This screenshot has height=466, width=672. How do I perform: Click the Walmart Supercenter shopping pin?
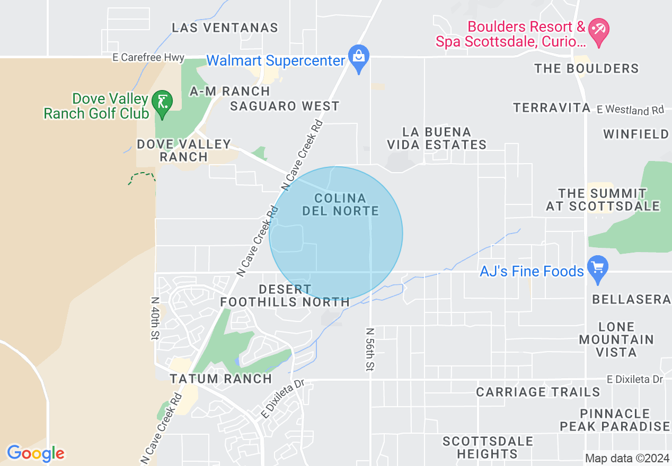[x=359, y=57]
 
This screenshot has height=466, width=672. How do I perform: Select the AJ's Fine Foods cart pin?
[x=598, y=268]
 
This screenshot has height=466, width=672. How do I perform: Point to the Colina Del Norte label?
[x=340, y=204]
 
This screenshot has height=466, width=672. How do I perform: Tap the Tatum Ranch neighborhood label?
[x=220, y=379]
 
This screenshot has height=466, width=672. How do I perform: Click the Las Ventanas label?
[x=225, y=28]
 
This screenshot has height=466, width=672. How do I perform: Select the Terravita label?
[x=552, y=108]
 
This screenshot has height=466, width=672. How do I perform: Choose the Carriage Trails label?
[x=538, y=392]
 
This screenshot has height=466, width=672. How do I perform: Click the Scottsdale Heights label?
[x=487, y=447]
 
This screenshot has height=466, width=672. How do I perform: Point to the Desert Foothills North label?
[x=285, y=296]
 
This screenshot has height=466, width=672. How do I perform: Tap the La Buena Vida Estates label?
[x=437, y=138]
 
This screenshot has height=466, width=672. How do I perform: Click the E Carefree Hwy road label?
[x=148, y=58]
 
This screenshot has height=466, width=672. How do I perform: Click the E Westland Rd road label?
[x=630, y=110]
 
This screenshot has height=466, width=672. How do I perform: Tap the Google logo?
[x=36, y=453]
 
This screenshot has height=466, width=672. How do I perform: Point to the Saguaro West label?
[x=285, y=106]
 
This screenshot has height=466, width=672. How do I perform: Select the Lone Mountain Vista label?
[x=616, y=339]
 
